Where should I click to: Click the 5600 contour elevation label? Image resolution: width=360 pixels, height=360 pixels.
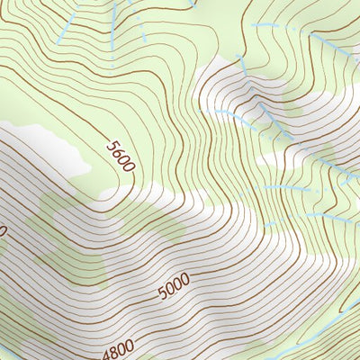[x=120, y=156]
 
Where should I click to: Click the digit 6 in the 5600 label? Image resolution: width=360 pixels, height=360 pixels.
[x=117, y=151]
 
